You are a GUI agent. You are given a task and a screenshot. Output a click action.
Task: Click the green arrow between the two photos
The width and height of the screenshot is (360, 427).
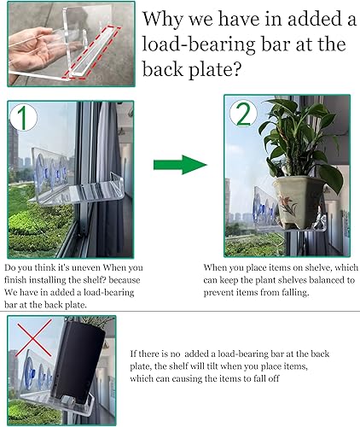click(182, 165)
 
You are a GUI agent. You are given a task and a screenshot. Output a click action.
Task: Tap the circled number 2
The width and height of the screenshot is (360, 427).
click(242, 114)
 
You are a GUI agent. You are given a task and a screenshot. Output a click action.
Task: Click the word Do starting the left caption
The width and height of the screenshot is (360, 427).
click(13, 266)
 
